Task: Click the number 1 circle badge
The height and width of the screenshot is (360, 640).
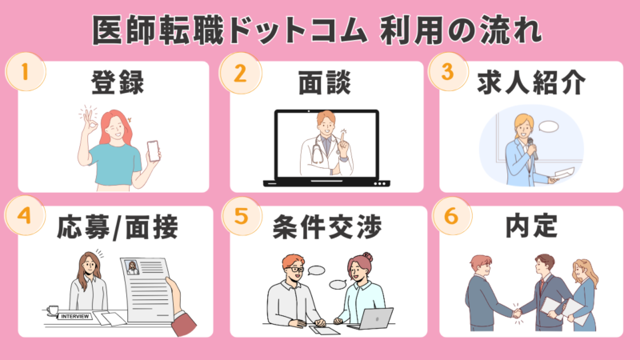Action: click(26, 72)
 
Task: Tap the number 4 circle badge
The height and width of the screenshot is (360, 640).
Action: click(25, 215)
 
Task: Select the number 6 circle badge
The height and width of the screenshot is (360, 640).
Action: click(451, 215)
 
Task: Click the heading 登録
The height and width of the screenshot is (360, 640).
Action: click(118, 83)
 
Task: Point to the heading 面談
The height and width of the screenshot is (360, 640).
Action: click(325, 83)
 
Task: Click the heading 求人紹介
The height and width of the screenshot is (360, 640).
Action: click(531, 83)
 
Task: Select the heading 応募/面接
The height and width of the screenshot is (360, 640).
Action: click(118, 227)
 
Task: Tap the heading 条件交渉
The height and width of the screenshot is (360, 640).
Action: click(327, 227)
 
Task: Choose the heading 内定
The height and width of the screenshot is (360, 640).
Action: click(531, 226)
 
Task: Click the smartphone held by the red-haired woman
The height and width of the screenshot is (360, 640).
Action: click(153, 150)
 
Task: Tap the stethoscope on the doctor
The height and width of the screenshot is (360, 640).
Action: click(318, 151)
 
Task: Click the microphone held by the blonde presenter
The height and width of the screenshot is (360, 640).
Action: click(532, 148)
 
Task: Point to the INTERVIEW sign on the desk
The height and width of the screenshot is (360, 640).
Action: click(74, 316)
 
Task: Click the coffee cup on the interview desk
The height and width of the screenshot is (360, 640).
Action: click(53, 311)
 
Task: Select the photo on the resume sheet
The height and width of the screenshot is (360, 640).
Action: click(132, 267)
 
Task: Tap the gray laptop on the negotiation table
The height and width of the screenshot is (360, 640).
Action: click(372, 319)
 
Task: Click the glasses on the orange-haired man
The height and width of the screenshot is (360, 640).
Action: click(295, 270)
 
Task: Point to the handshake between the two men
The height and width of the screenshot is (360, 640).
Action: click(517, 314)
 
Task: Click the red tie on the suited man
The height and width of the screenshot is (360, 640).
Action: click(542, 286)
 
